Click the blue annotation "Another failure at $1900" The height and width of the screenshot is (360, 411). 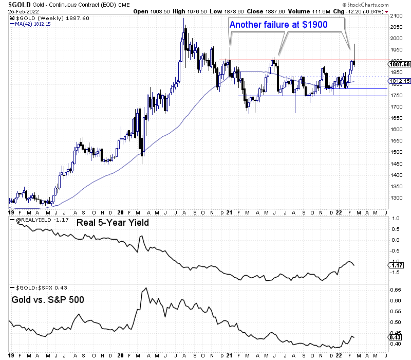pyautogui.click(x=277, y=24)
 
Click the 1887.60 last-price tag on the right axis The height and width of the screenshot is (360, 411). pyautogui.click(x=399, y=64)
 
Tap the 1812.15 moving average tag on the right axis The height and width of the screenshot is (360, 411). pyautogui.click(x=399, y=81)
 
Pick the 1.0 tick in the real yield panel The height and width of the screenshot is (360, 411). pyautogui.click(x=396, y=218)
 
